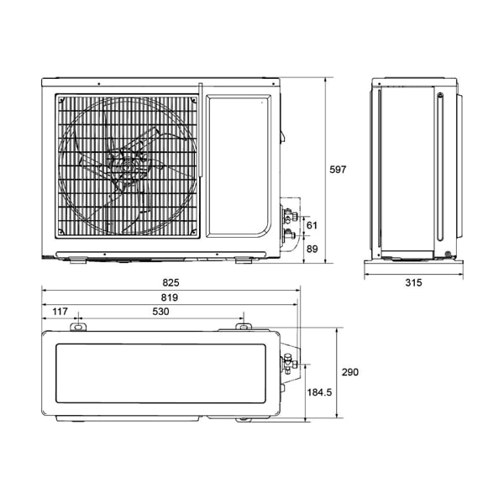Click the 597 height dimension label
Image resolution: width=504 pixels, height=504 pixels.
[x=338, y=170]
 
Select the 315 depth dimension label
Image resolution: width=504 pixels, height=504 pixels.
[x=413, y=282]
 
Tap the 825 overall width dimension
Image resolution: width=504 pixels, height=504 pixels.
[x=171, y=282]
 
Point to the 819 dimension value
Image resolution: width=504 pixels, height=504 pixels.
[x=170, y=297]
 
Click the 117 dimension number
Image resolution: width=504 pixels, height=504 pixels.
[x=60, y=311]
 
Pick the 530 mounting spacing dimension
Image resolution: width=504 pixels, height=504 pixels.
[x=160, y=311]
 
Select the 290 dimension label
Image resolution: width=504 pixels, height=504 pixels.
[x=350, y=372]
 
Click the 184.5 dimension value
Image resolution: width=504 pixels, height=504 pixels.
[x=319, y=392]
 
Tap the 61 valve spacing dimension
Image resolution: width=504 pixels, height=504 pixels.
[x=312, y=225]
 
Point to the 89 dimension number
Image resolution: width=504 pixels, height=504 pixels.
[x=312, y=249]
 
